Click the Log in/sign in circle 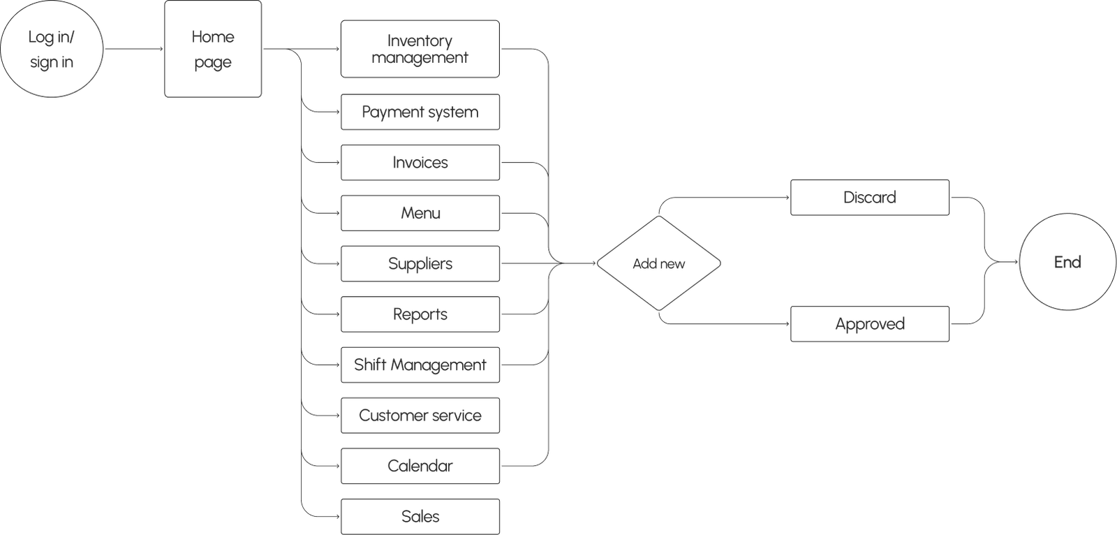52,49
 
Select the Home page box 213,49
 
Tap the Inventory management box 420,49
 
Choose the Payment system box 420,112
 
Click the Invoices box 420,163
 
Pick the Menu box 420,213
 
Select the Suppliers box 420,264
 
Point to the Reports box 420,314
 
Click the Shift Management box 420,365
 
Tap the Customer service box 420,416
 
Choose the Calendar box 420,466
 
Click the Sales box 420,516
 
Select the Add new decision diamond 658,264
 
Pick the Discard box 869,198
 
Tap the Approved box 869,324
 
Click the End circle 1067,263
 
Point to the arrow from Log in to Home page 133,49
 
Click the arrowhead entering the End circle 1016,263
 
